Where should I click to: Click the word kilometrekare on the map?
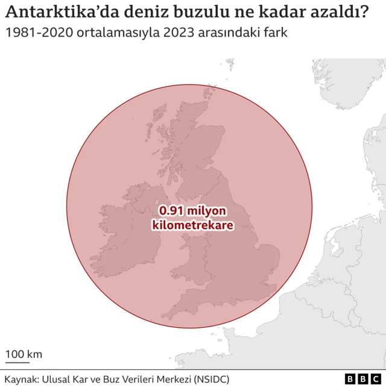pyautogui.click(x=192, y=226)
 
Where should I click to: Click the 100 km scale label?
pyautogui.click(x=24, y=354)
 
